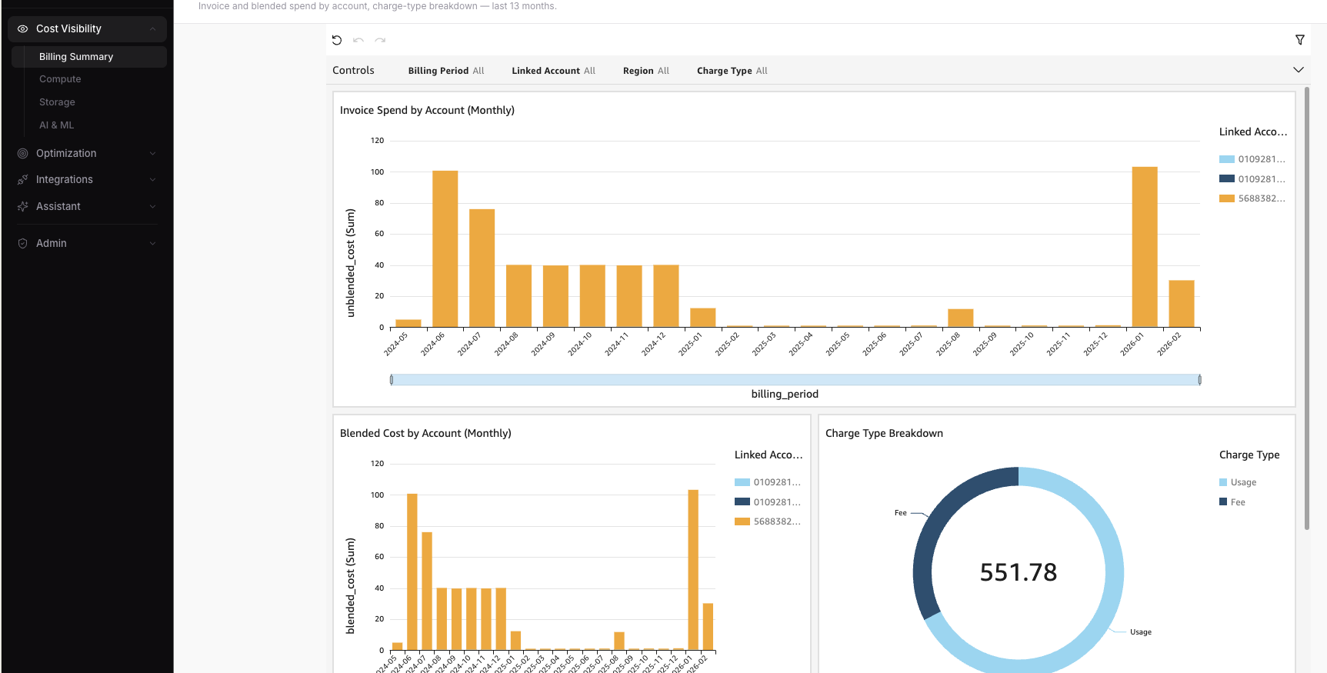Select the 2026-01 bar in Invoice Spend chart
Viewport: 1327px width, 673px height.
point(1144,247)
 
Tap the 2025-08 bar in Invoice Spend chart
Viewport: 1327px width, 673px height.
point(960,318)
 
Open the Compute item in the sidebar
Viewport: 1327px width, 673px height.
point(60,79)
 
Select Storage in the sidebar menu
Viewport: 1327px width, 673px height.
point(57,102)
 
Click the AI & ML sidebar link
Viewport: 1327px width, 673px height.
point(56,125)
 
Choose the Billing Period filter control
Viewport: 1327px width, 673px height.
point(445,71)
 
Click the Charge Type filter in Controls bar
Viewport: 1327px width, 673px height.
point(732,71)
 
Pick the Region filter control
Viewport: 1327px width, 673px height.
point(645,71)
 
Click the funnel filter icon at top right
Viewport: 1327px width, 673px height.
point(1299,40)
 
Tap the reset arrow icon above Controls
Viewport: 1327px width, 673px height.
point(337,40)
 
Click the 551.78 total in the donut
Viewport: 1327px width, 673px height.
point(1018,572)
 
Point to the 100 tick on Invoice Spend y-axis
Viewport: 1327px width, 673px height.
point(377,172)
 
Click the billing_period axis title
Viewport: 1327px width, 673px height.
point(784,394)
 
